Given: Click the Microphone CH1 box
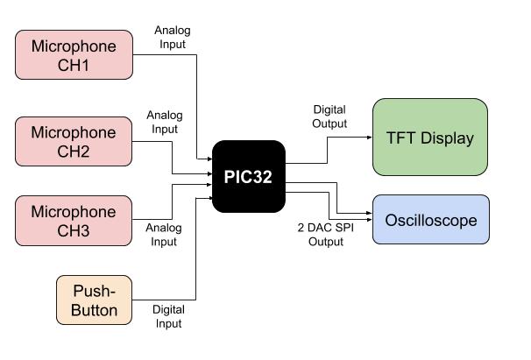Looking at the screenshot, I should (74, 54).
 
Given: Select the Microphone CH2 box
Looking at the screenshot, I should (74, 142).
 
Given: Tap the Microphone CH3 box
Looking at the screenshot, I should (74, 221).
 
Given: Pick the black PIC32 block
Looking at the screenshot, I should (249, 176).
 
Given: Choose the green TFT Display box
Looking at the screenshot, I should (430, 138).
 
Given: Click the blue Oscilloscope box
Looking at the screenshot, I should (430, 219).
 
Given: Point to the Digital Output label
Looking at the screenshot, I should (329, 116).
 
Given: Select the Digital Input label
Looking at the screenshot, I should (168, 316).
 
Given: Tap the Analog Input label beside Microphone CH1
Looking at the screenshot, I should (172, 37).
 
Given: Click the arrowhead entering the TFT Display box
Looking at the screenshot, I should (369, 138).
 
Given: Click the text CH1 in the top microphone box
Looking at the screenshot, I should (74, 65).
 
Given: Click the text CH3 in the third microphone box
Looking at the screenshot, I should (74, 231).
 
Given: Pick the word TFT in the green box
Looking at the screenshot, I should (401, 138).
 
